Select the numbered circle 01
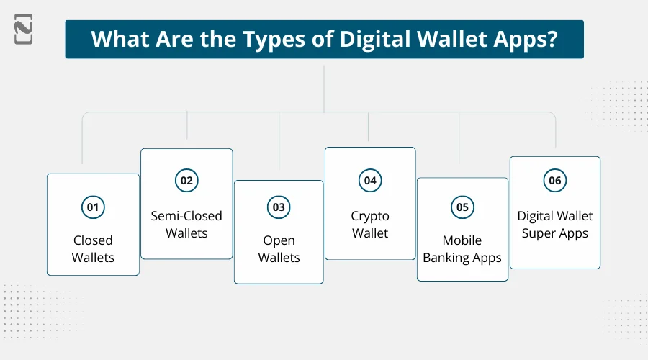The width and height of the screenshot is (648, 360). [x=93, y=208]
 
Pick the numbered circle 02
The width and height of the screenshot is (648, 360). [x=186, y=180]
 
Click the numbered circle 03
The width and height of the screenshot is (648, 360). [x=278, y=207]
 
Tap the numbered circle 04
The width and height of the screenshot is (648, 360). [x=370, y=180]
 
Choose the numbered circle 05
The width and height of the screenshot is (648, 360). [x=462, y=207]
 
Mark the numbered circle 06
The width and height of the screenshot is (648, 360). [x=554, y=180]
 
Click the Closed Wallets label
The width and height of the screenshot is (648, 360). [x=93, y=248]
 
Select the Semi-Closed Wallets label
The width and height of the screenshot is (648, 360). [x=186, y=224]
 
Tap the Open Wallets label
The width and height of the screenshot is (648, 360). [x=279, y=248]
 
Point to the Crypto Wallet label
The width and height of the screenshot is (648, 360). [x=370, y=224]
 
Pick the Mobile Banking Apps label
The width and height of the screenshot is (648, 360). [x=462, y=248]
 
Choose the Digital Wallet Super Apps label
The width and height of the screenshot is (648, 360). [x=554, y=224]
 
